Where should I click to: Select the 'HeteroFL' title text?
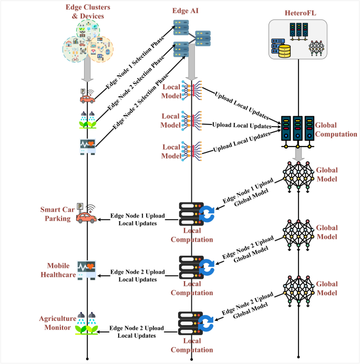[298, 11]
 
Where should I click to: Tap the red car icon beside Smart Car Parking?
[87, 216]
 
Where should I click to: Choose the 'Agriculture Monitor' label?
[54, 324]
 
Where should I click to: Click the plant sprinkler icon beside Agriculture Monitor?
[87, 324]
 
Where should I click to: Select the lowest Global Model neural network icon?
[298, 288]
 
